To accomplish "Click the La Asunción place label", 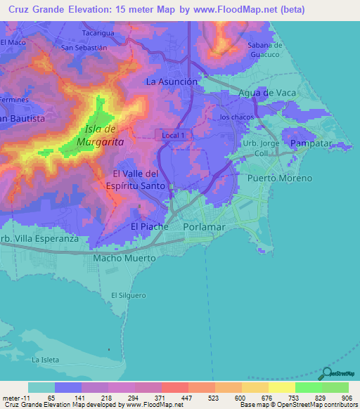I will (172, 82).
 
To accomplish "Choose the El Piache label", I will (150, 227).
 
